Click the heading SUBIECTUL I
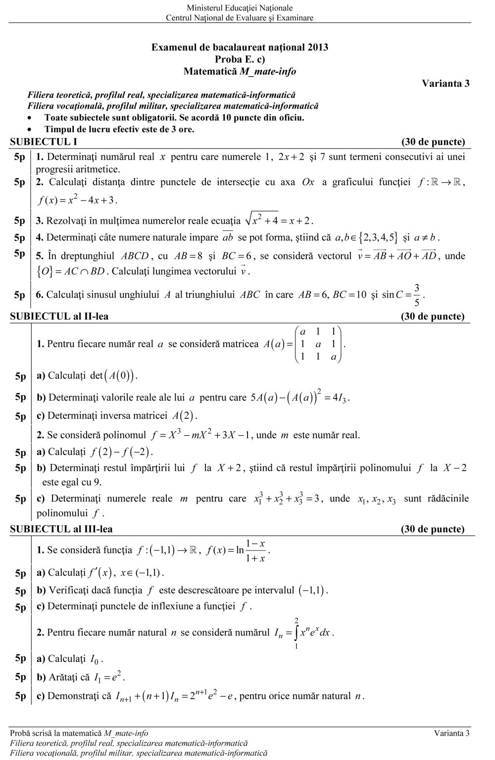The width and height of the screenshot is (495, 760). tap(44, 142)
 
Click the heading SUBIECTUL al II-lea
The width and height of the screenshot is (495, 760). tap(59, 316)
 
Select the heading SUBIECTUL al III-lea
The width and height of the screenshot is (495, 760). tap(61, 529)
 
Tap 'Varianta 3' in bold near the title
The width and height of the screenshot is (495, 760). tap(445, 83)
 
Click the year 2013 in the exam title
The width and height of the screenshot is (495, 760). tap(317, 48)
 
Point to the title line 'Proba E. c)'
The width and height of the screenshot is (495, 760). tap(240, 59)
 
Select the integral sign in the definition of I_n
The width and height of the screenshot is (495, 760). tap(296, 632)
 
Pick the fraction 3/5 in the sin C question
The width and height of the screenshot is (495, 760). tap(417, 295)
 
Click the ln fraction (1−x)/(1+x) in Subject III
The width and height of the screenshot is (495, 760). tap(255, 551)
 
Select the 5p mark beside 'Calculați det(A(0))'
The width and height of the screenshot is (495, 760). tap(20, 376)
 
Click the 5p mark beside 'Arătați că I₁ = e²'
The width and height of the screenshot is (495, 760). tap(20, 677)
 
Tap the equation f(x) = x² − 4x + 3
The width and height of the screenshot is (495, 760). tap(78, 200)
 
